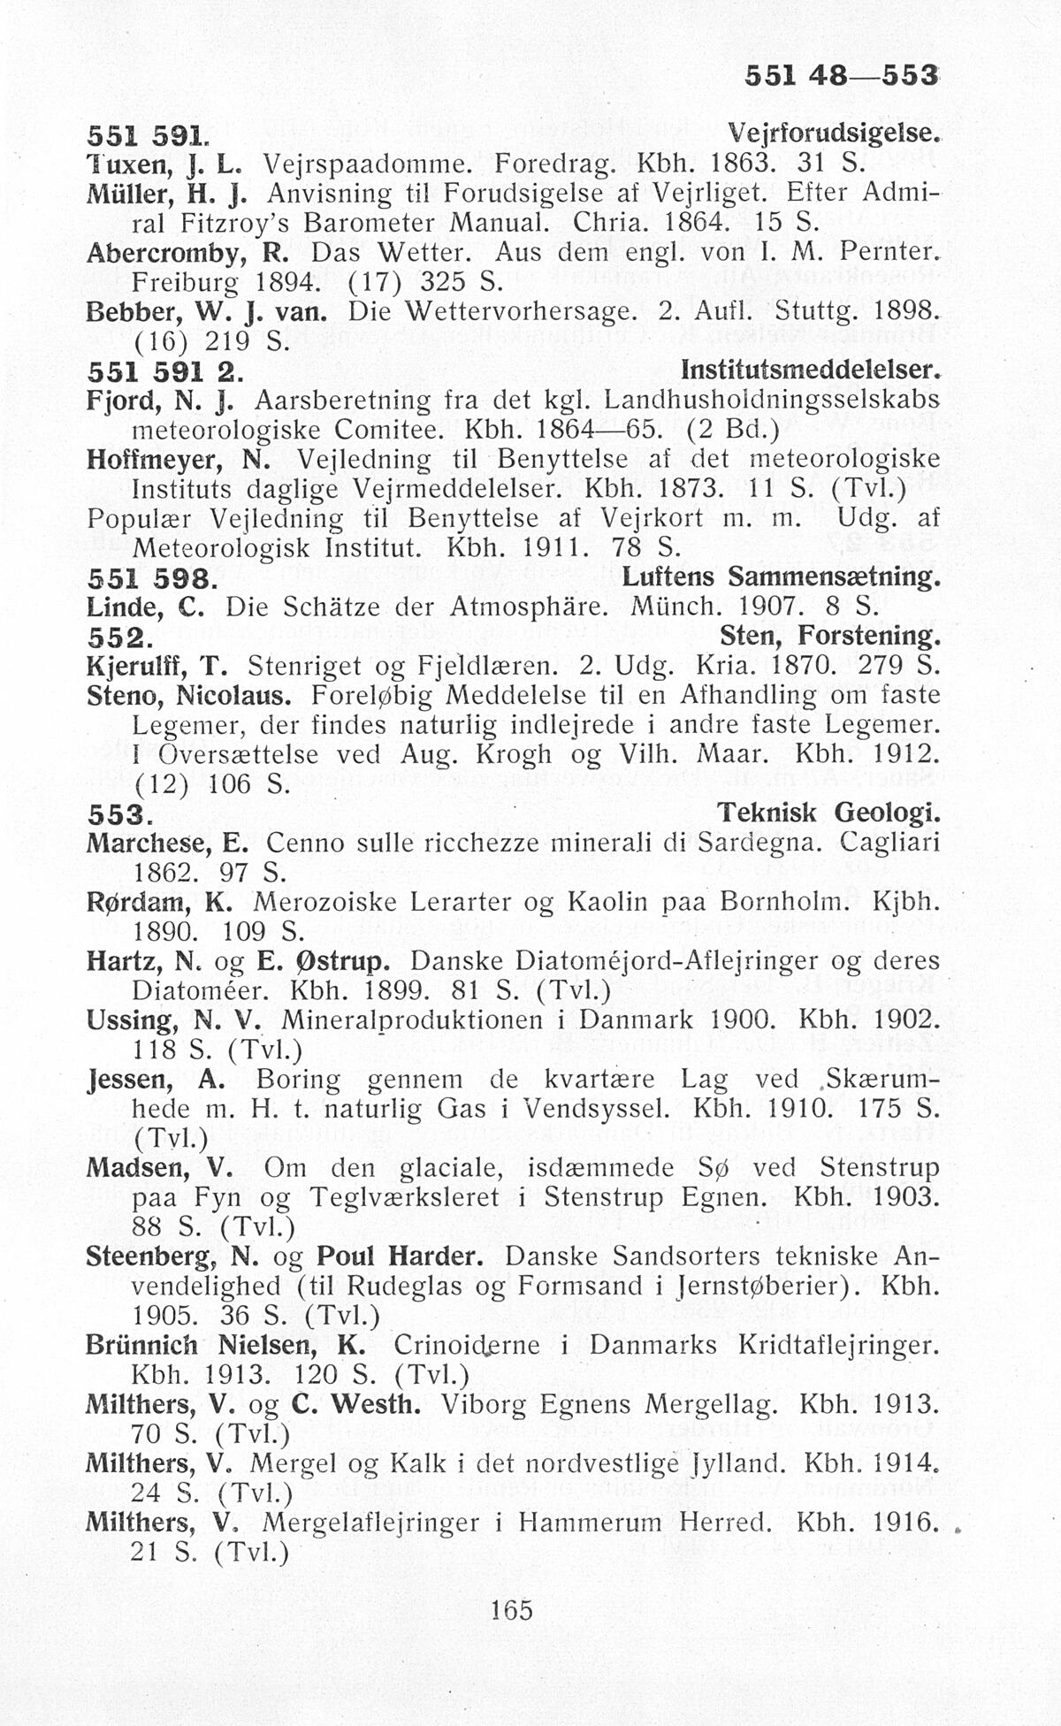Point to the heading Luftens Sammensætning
click(x=780, y=578)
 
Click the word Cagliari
click(x=889, y=841)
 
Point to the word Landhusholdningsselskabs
click(x=772, y=400)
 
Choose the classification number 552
click(x=118, y=637)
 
